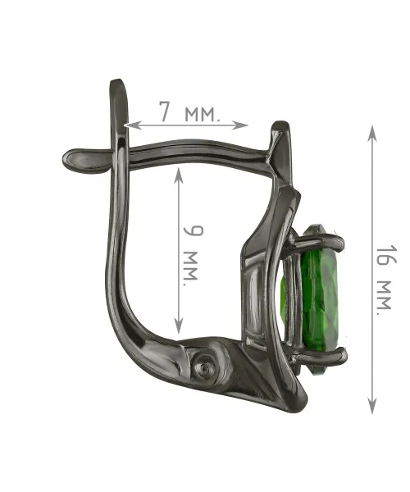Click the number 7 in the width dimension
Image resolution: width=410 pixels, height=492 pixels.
[166, 112]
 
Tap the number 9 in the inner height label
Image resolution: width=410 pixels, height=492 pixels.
[193, 230]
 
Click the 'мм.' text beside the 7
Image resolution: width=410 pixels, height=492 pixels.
[203, 115]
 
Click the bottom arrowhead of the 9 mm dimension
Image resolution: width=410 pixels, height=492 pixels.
[178, 326]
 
